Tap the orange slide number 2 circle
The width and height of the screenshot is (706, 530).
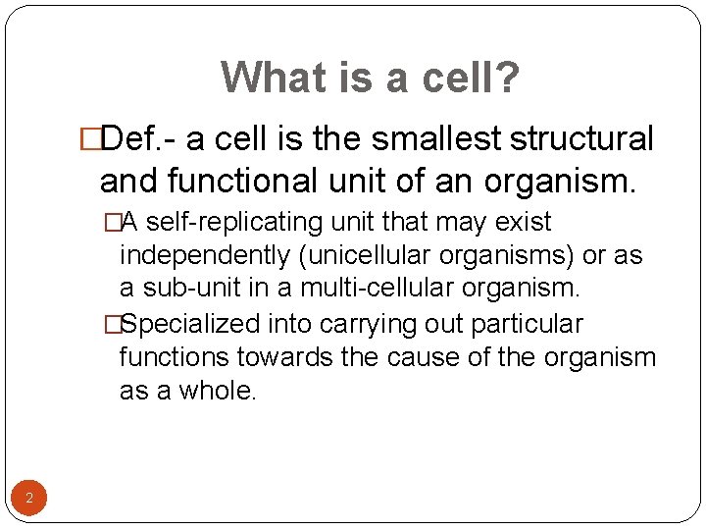[x=28, y=500]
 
